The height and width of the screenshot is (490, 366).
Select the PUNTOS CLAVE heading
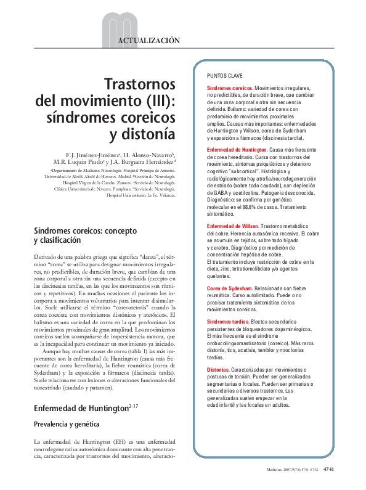(x=225, y=76)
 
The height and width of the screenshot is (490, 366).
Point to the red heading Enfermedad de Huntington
(x=237, y=150)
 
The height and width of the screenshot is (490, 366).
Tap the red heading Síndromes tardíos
(x=228, y=322)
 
